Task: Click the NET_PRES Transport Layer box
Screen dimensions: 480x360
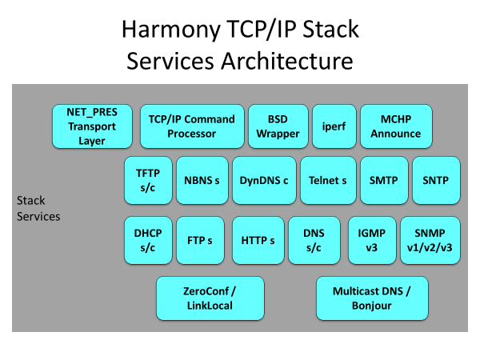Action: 92,126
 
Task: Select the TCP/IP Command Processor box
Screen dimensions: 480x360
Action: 192,126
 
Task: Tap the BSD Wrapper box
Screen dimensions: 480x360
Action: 278,126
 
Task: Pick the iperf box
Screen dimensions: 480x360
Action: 334,126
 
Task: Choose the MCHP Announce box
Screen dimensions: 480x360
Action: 396,126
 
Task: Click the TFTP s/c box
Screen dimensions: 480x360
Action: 148,180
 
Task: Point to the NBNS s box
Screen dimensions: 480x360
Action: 202,180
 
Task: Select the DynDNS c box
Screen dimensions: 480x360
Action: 264,180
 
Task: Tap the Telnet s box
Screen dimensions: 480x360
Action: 328,180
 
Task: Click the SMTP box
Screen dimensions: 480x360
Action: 384,180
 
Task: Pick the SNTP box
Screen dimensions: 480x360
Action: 436,180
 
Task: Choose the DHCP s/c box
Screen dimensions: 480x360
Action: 148,240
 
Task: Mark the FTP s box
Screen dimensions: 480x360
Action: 200,240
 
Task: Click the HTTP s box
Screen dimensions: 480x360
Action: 258,240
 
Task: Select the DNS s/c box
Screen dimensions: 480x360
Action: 314,240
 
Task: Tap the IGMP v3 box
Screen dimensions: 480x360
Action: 372,240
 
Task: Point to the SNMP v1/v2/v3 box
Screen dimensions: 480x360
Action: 430,240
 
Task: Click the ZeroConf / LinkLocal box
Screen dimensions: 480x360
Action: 210,298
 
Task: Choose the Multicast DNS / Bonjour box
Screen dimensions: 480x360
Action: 372,298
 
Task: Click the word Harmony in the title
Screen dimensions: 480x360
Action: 171,30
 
